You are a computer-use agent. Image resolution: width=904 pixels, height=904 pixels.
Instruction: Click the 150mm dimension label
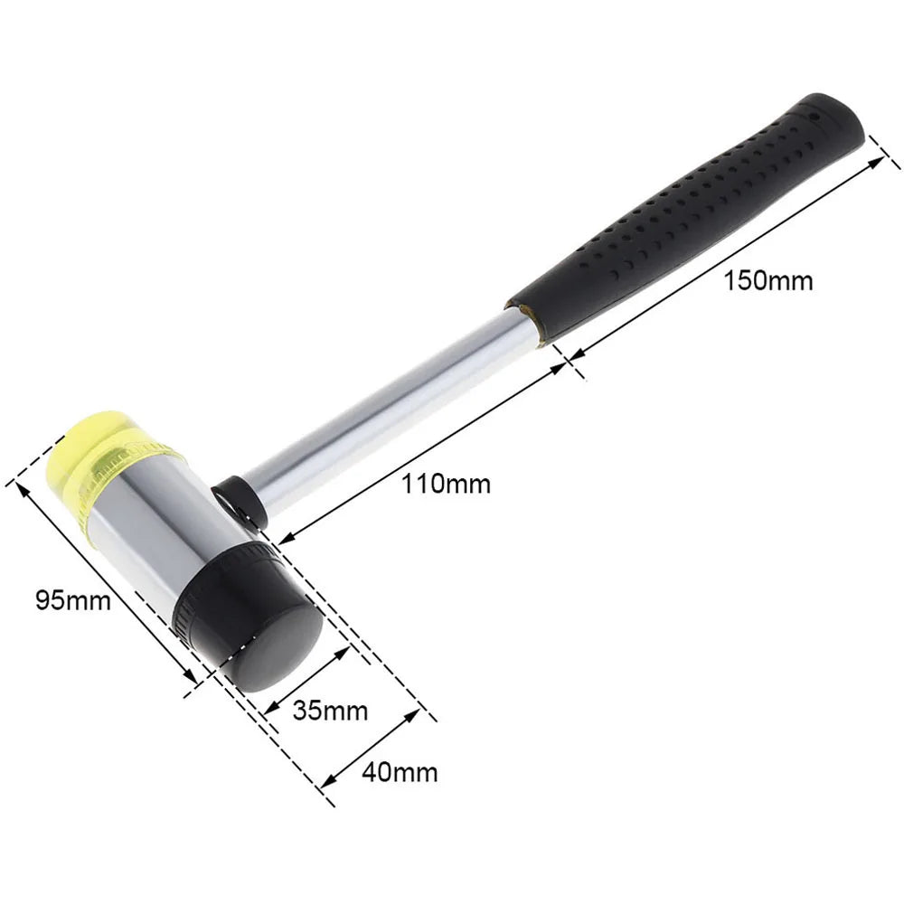coord(767,280)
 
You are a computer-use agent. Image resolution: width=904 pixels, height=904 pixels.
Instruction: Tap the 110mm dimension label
coord(447,484)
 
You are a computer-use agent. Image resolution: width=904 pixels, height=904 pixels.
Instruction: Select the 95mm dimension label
coord(73,598)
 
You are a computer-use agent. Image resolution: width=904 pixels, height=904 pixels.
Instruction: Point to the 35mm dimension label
coord(330,711)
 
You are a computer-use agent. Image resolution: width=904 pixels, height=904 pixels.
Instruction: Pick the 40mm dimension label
coord(399,772)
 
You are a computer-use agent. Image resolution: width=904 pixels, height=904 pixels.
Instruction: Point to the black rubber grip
coord(687,217)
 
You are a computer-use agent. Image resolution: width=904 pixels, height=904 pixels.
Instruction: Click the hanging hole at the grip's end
coord(813,116)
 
